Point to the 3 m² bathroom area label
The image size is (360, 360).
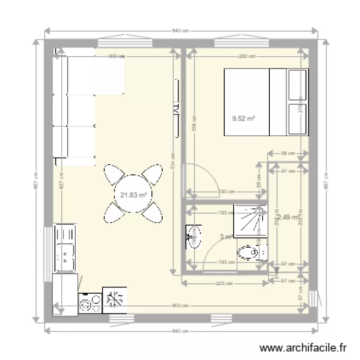(x=226, y=237)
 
